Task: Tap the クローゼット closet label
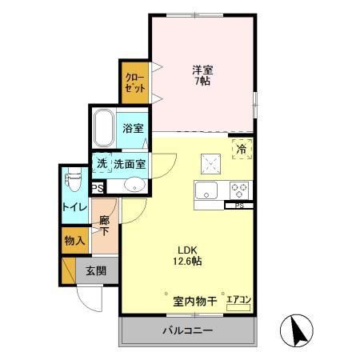(134, 83)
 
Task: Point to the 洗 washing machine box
(102, 163)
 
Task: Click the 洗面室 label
(129, 163)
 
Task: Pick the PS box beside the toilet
(97, 189)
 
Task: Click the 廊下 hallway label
(104, 225)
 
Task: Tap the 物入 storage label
(74, 241)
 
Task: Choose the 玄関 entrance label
(95, 270)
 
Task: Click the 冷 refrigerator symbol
(241, 147)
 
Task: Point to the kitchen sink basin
(205, 190)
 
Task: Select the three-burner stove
(238, 190)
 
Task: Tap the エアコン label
(238, 300)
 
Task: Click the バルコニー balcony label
(190, 330)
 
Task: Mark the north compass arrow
(295, 329)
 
